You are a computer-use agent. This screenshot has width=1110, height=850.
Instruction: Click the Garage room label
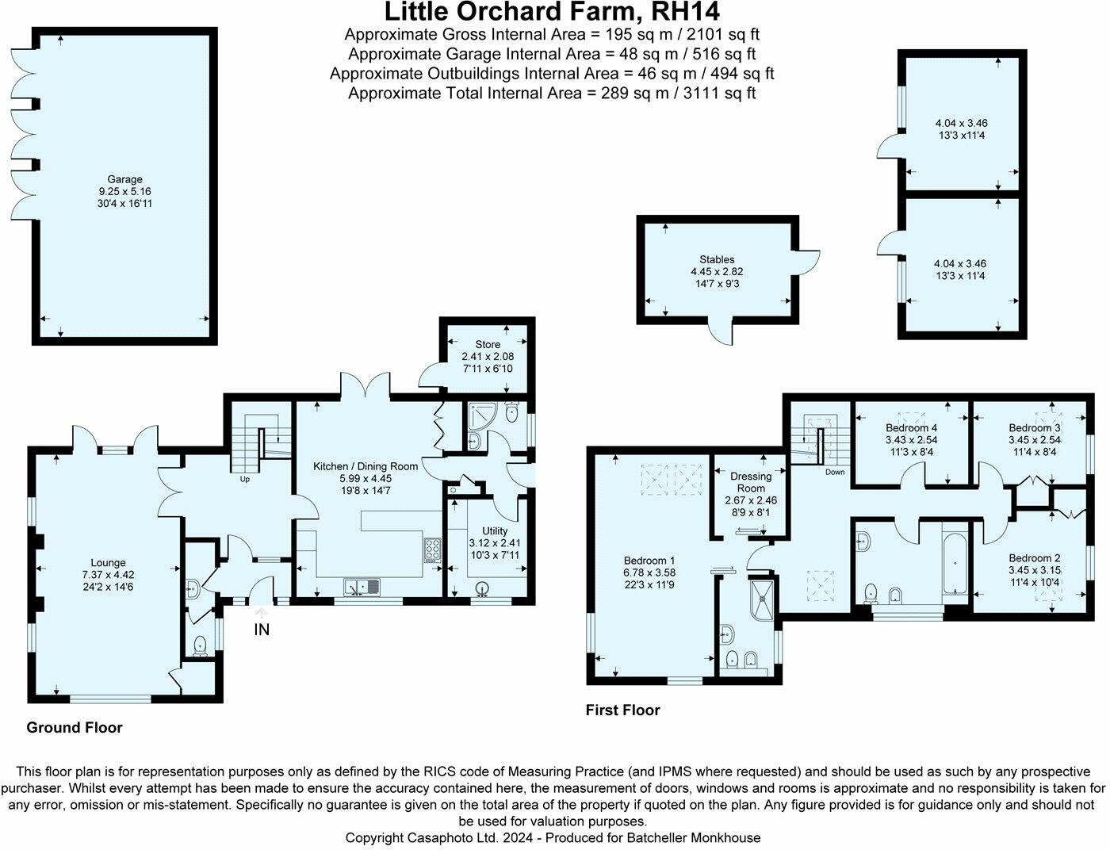coord(126,179)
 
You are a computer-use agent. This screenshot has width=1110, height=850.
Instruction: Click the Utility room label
coord(495,530)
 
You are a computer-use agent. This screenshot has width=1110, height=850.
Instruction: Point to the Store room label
coord(488,344)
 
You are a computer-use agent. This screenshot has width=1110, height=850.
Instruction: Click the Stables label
coord(717,259)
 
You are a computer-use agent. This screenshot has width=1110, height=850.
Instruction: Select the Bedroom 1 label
coord(649,558)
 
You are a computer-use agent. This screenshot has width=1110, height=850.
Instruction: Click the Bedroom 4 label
coord(912,427)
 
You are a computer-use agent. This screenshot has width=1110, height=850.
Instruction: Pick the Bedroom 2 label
coord(1035,557)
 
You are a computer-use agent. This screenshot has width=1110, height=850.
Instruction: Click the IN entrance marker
coord(262,630)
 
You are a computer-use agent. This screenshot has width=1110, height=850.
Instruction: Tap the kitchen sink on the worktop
coord(362,587)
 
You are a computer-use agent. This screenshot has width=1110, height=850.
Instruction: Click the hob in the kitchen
coord(434,549)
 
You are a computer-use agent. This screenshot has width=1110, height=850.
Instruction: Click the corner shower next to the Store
coord(480,416)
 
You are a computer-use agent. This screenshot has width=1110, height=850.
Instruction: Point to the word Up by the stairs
coord(244,479)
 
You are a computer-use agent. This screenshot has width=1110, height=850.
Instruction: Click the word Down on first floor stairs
coord(835,472)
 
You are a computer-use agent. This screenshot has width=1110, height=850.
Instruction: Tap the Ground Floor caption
coord(75,727)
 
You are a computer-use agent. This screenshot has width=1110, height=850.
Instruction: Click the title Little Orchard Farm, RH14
coord(552,13)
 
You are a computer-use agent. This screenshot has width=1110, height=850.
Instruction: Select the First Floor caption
coord(622,710)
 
